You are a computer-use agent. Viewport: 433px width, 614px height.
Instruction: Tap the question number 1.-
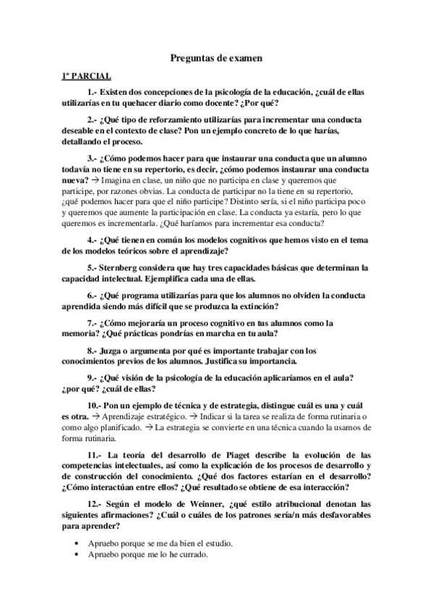click(x=93, y=93)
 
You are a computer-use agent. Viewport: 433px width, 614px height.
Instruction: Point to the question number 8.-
click(x=94, y=350)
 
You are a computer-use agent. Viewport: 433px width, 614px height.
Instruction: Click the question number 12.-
click(x=96, y=502)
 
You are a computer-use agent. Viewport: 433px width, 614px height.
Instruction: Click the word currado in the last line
click(x=192, y=555)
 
